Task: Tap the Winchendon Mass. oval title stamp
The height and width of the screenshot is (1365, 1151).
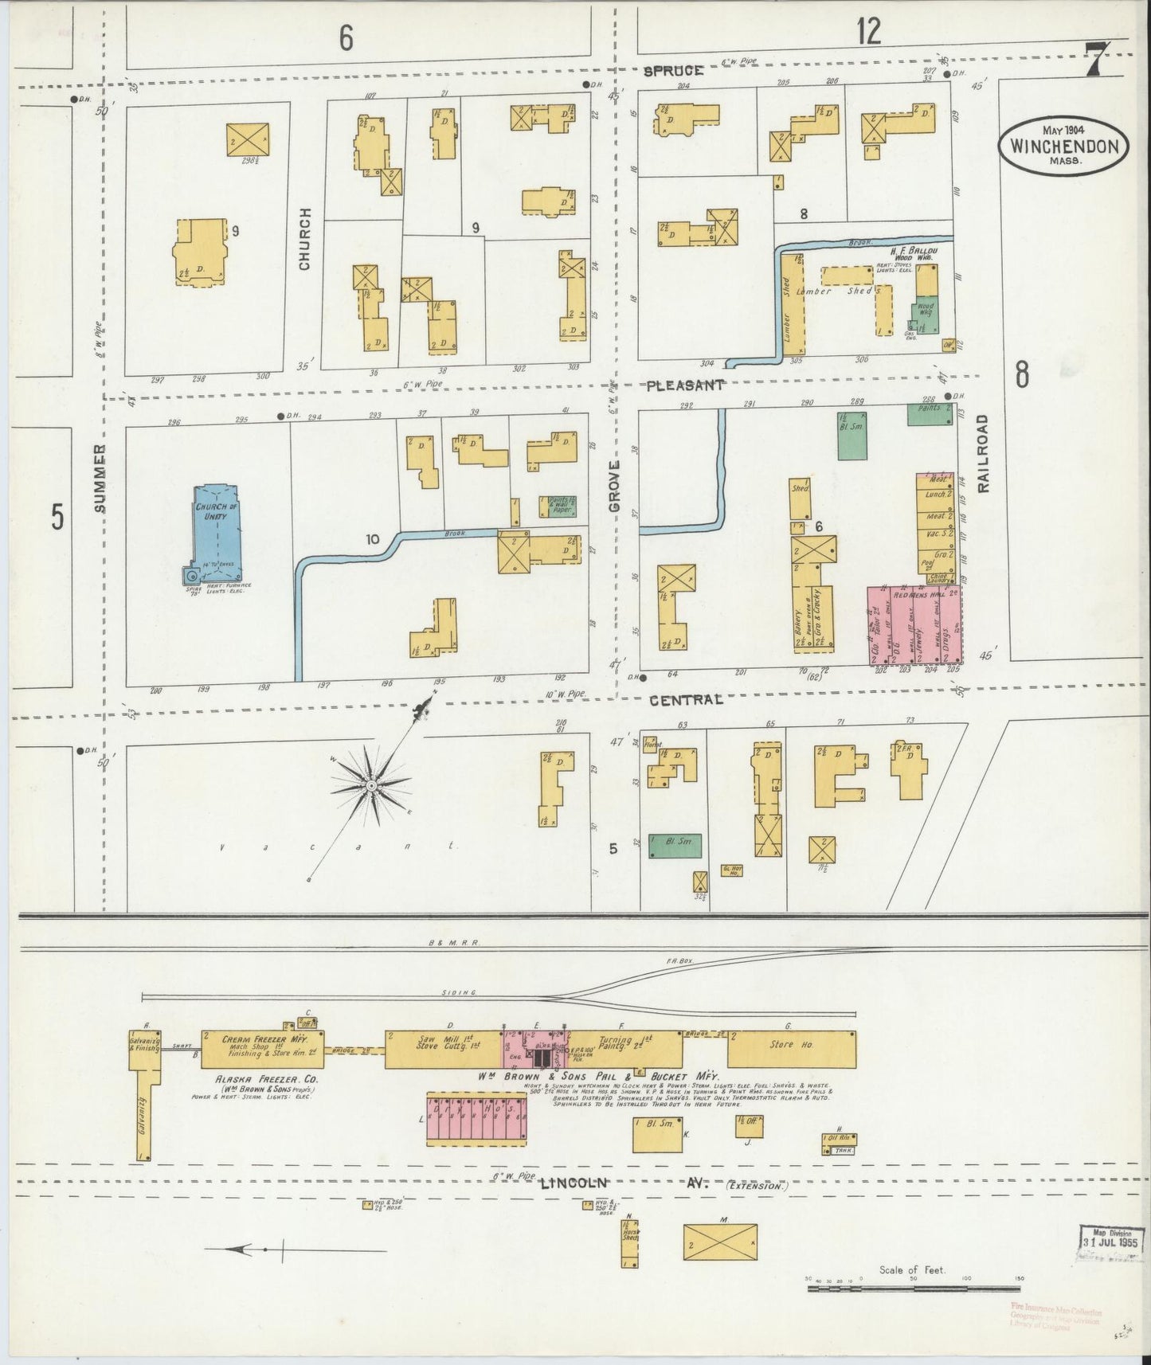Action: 1063,145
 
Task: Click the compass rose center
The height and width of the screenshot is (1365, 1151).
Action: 370,786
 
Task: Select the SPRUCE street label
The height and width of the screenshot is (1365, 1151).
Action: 673,71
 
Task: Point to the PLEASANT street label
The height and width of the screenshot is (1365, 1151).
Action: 685,385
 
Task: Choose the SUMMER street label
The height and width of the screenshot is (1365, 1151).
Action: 100,478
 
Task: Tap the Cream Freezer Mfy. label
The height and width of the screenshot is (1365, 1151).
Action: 261,1040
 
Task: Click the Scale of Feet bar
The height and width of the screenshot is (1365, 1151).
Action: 913,1288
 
